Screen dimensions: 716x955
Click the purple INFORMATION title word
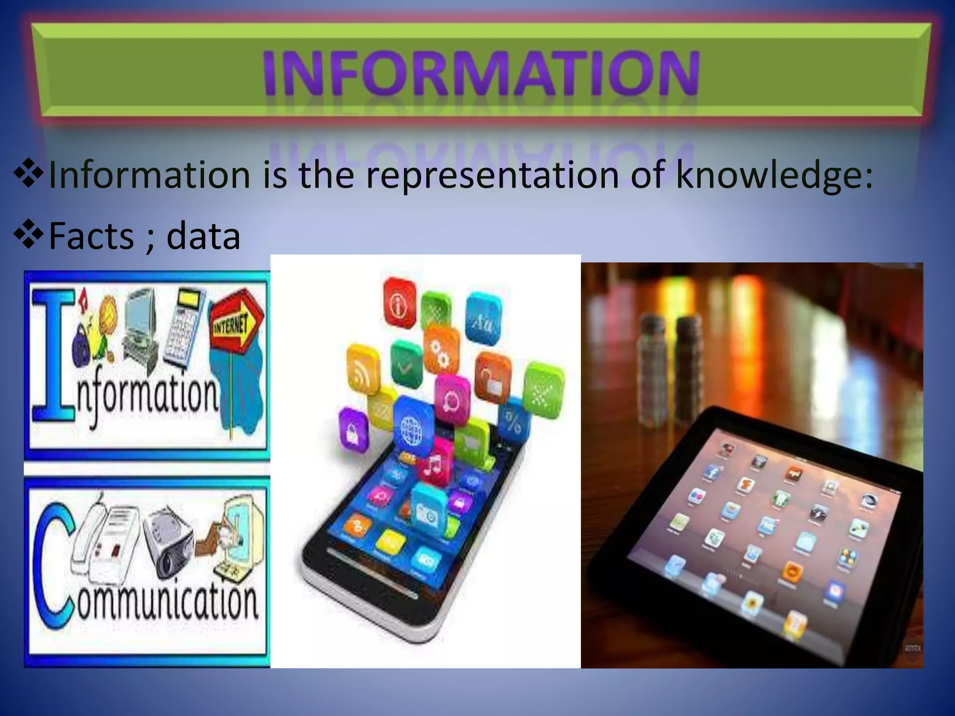pyautogui.click(x=480, y=75)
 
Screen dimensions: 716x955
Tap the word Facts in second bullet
pyautogui.click(x=91, y=235)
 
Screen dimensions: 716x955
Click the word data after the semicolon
pyautogui.click(x=203, y=235)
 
